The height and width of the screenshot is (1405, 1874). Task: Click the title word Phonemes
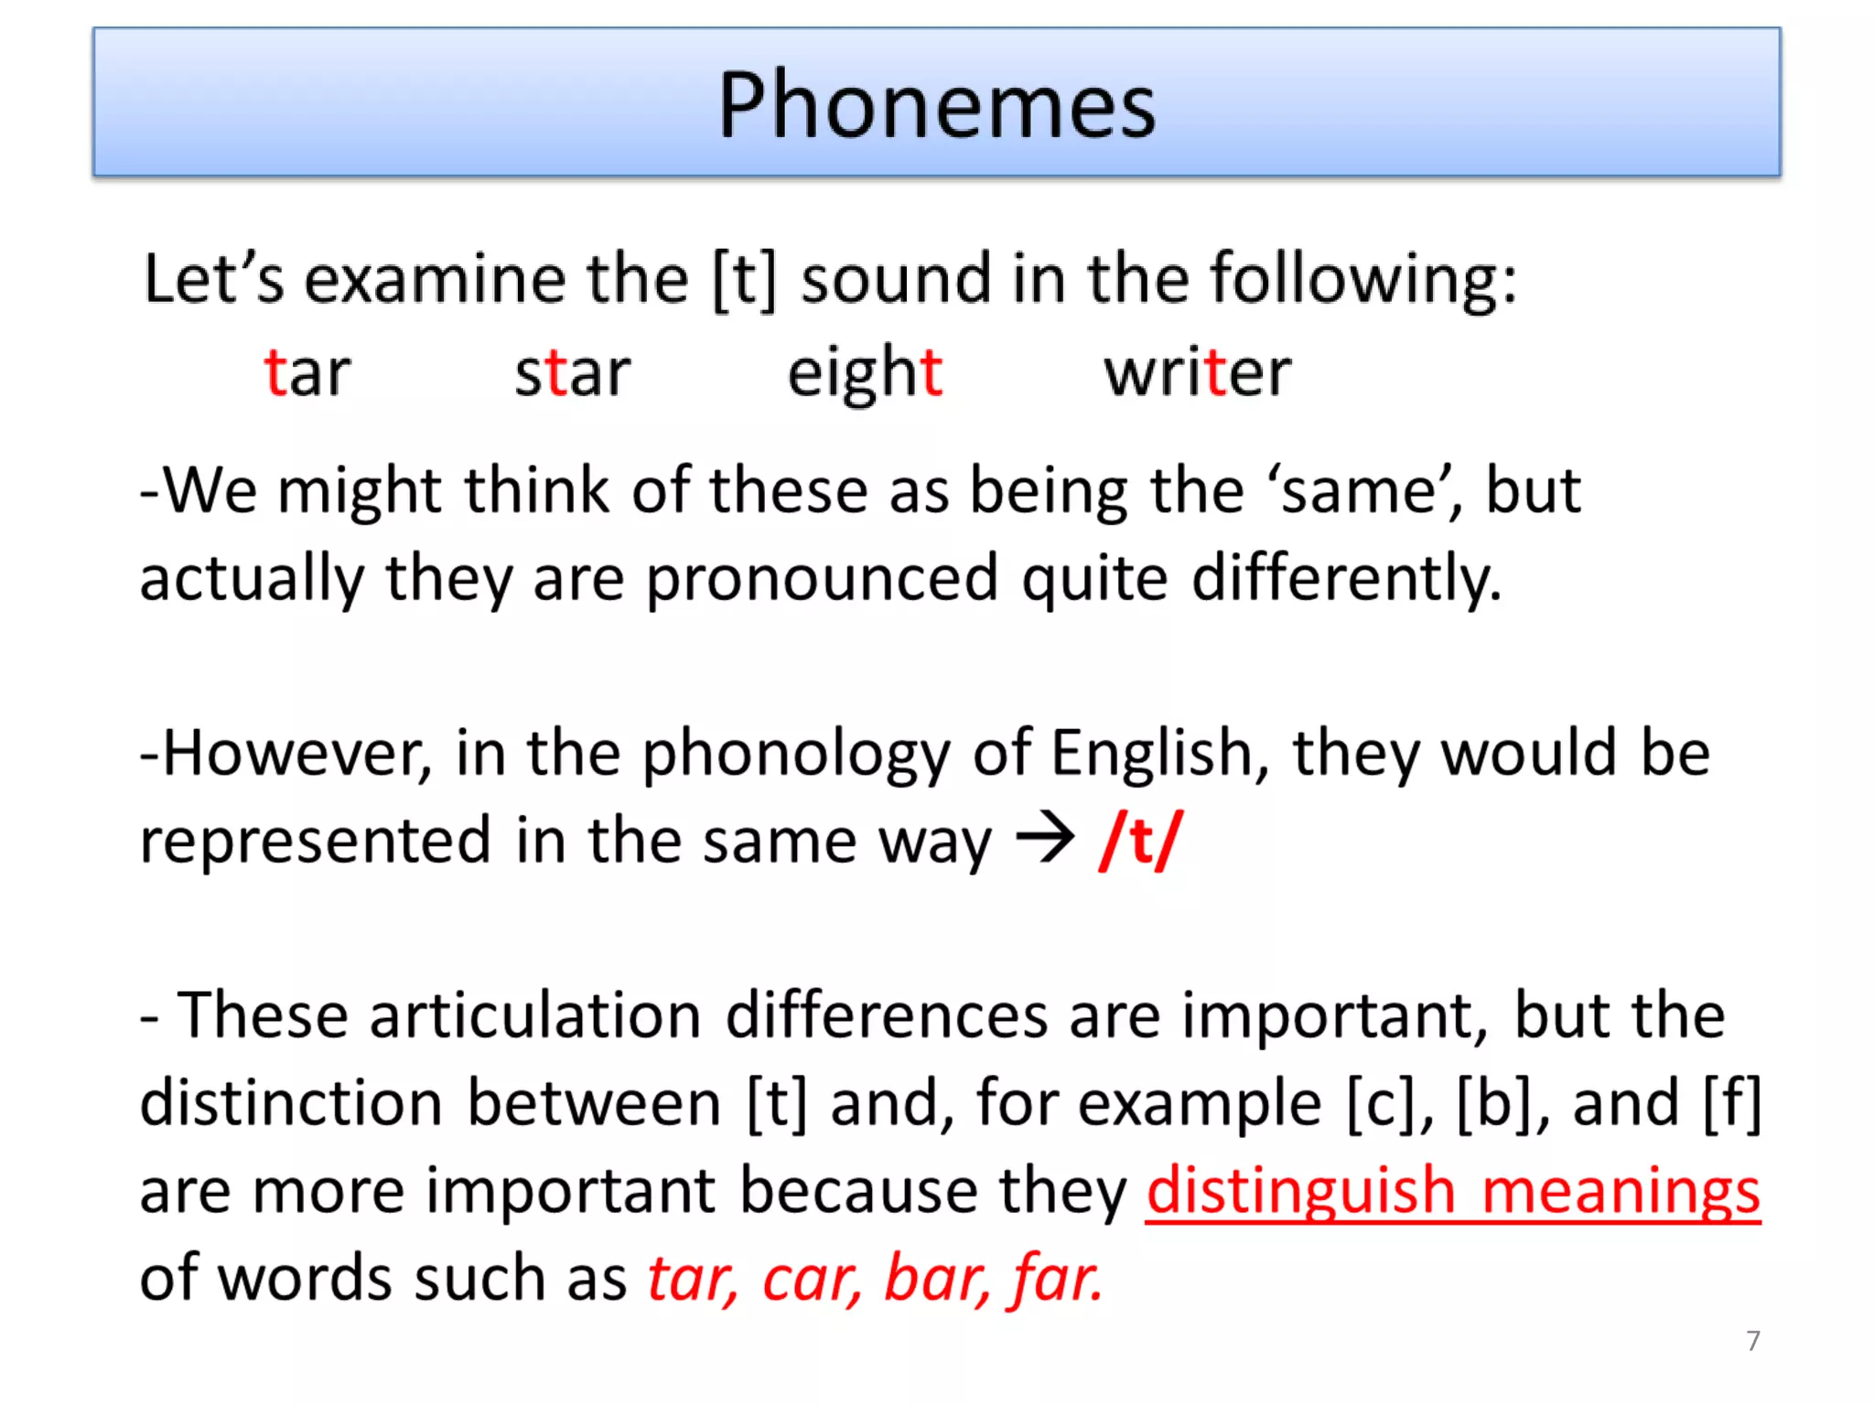coord(936,105)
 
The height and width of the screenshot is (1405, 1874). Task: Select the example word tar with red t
coord(307,372)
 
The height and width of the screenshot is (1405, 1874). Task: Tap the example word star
coord(573,372)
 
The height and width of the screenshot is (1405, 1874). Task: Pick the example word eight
coord(865,374)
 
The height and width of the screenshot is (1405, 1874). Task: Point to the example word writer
coord(1198,372)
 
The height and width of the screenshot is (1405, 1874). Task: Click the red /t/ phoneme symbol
coord(1141,840)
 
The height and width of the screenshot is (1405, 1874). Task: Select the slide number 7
coord(1752,1341)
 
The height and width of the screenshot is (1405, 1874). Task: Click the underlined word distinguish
coord(1300,1192)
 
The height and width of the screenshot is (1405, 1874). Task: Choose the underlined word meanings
coord(1621,1192)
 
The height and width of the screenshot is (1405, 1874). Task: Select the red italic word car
coord(811,1279)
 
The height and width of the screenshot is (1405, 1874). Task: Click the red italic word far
coord(1056,1279)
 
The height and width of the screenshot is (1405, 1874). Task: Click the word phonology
coord(796,756)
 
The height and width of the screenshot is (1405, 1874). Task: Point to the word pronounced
coord(822,580)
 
